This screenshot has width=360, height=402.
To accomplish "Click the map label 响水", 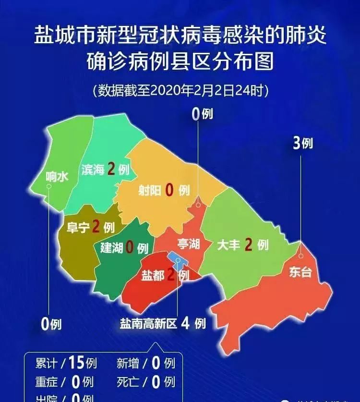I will click(57, 176).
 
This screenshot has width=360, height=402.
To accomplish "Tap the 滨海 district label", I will click(93, 170).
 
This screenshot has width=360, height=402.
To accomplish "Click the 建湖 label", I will click(112, 248).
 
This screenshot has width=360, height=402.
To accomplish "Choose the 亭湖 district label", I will click(187, 244).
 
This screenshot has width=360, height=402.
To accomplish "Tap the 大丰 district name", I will click(228, 245).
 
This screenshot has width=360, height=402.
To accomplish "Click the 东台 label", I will click(300, 272).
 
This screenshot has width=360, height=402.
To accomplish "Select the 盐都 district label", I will click(153, 276).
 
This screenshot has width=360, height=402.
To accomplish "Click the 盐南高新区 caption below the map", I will click(148, 323).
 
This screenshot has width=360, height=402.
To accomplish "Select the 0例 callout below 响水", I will click(51, 325).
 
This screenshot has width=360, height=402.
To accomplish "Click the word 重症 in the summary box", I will click(47, 382).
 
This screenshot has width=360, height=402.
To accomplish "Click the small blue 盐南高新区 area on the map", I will click(175, 259).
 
